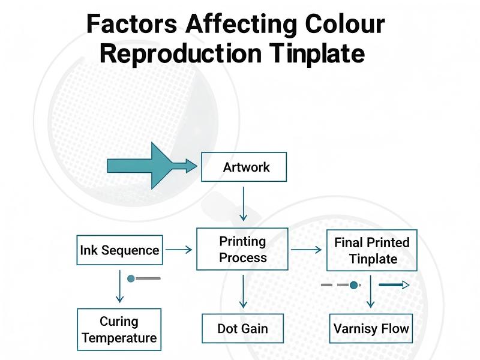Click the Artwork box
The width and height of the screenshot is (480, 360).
244,167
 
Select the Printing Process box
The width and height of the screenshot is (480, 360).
242,250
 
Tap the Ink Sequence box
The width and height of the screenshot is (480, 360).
120,250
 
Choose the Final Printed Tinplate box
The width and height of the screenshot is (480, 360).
372,250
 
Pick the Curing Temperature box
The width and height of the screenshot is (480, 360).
119,329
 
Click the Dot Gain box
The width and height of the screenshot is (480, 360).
242,329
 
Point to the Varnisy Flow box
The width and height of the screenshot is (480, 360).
371,328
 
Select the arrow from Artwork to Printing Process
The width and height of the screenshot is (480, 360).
243,203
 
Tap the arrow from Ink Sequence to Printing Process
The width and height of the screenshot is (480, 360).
179,250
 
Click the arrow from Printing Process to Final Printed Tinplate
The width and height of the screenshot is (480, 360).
306,250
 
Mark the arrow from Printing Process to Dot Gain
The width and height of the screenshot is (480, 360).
243,292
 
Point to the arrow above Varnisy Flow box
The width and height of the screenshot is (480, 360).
371,292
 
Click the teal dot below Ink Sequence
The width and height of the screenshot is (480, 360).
131,278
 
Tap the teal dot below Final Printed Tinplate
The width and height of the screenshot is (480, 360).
354,285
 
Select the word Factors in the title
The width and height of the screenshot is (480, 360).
131,24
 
